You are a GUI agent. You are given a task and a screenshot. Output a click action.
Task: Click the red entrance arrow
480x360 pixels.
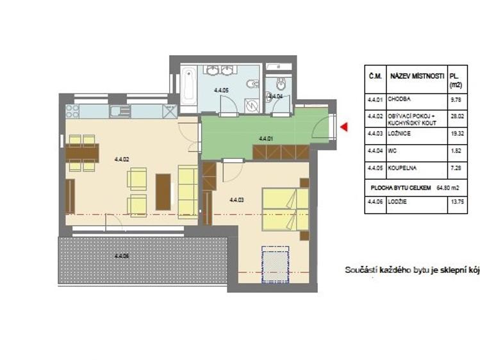pos(343,127)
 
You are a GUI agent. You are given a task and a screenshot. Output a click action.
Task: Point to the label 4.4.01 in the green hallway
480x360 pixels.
pos(266,138)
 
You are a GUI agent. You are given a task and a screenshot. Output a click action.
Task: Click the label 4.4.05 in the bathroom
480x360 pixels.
pos(222,90)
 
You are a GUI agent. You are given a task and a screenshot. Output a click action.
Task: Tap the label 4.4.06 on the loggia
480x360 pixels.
pos(122,256)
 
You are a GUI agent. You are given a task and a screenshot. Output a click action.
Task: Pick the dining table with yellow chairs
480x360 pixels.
pos(82,153)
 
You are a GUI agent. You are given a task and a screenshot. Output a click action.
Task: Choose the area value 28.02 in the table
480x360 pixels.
pos(456,117)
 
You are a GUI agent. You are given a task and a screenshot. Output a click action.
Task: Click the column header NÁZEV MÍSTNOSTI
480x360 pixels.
pos(417,76)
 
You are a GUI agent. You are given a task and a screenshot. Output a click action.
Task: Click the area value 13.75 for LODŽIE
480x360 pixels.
pos(456,205)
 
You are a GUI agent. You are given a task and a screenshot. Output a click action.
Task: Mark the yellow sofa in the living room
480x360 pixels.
pos(187,190)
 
